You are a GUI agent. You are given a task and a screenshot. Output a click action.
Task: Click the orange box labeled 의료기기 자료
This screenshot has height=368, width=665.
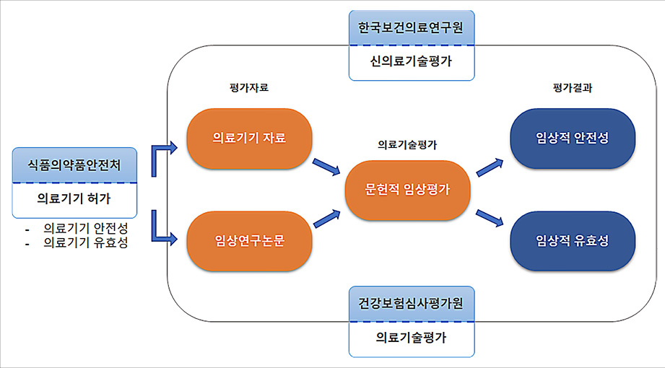click(249, 139)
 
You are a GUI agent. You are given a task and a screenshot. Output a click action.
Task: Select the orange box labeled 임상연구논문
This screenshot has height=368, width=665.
click(249, 241)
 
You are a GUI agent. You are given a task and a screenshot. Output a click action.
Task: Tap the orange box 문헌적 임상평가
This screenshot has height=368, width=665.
click(408, 190)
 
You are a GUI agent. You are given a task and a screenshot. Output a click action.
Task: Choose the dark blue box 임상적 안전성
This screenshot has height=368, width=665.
click(573, 139)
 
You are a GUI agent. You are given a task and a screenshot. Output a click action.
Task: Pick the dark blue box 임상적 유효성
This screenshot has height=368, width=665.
click(573, 241)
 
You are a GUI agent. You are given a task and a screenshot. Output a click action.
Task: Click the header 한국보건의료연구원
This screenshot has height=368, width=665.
click(411, 27)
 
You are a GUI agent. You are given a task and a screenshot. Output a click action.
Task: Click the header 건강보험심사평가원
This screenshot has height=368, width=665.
click(411, 304)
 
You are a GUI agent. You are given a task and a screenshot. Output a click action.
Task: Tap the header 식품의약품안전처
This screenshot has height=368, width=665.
click(74, 165)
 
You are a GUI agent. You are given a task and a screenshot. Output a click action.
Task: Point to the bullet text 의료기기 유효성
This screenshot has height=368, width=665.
click(85, 243)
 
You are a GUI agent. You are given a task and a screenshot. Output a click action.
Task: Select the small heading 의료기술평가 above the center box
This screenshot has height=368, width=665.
click(407, 144)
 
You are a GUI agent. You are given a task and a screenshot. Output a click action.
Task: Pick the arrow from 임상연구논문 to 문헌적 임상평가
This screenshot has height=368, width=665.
click(326, 217)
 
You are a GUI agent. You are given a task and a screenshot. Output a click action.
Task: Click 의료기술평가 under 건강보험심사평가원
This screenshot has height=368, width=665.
click(411, 337)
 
